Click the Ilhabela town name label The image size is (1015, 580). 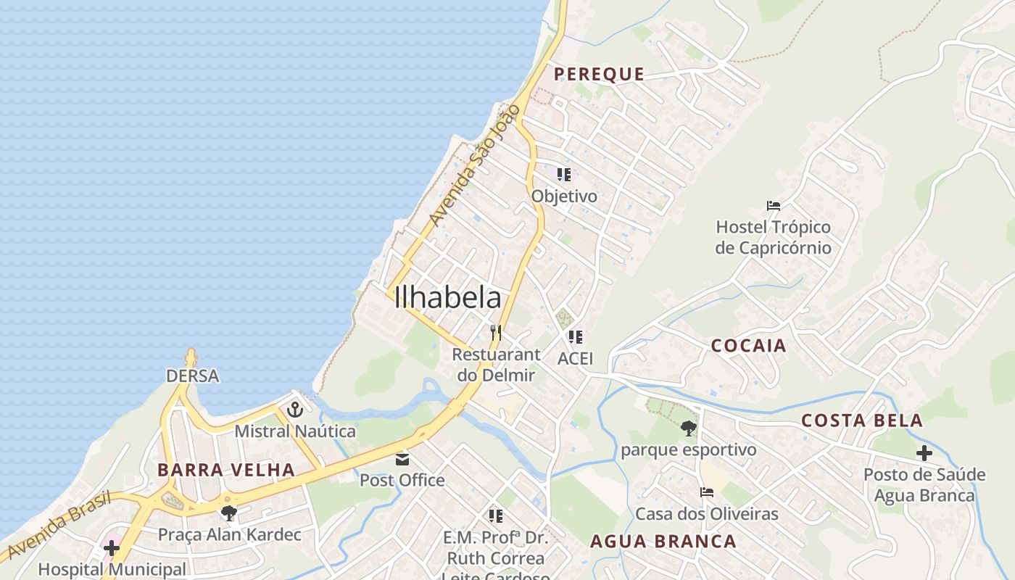pyautogui.click(x=447, y=298)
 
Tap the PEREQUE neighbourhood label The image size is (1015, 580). pyautogui.click(x=599, y=74)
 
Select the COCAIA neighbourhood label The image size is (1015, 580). pyautogui.click(x=748, y=346)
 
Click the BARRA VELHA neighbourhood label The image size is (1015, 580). pyautogui.click(x=226, y=470)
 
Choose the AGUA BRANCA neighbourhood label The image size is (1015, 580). pyautogui.click(x=663, y=542)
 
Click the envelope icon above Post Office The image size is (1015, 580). pyautogui.click(x=402, y=460)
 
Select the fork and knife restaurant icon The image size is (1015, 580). pyautogui.click(x=496, y=333)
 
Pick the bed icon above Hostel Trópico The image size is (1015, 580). pyautogui.click(x=774, y=206)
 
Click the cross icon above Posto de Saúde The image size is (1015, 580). pyautogui.click(x=924, y=454)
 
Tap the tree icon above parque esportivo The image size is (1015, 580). pyautogui.click(x=688, y=428)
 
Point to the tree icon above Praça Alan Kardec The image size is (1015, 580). pyautogui.click(x=229, y=513)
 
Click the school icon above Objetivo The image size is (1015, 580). pyautogui.click(x=563, y=175)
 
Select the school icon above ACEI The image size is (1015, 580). pyautogui.click(x=575, y=337)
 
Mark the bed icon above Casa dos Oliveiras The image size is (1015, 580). pyautogui.click(x=707, y=492)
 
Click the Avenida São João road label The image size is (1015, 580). pyautogui.click(x=475, y=165)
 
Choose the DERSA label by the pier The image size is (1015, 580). pyautogui.click(x=192, y=376)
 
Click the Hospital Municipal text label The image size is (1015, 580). pyautogui.click(x=112, y=569)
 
